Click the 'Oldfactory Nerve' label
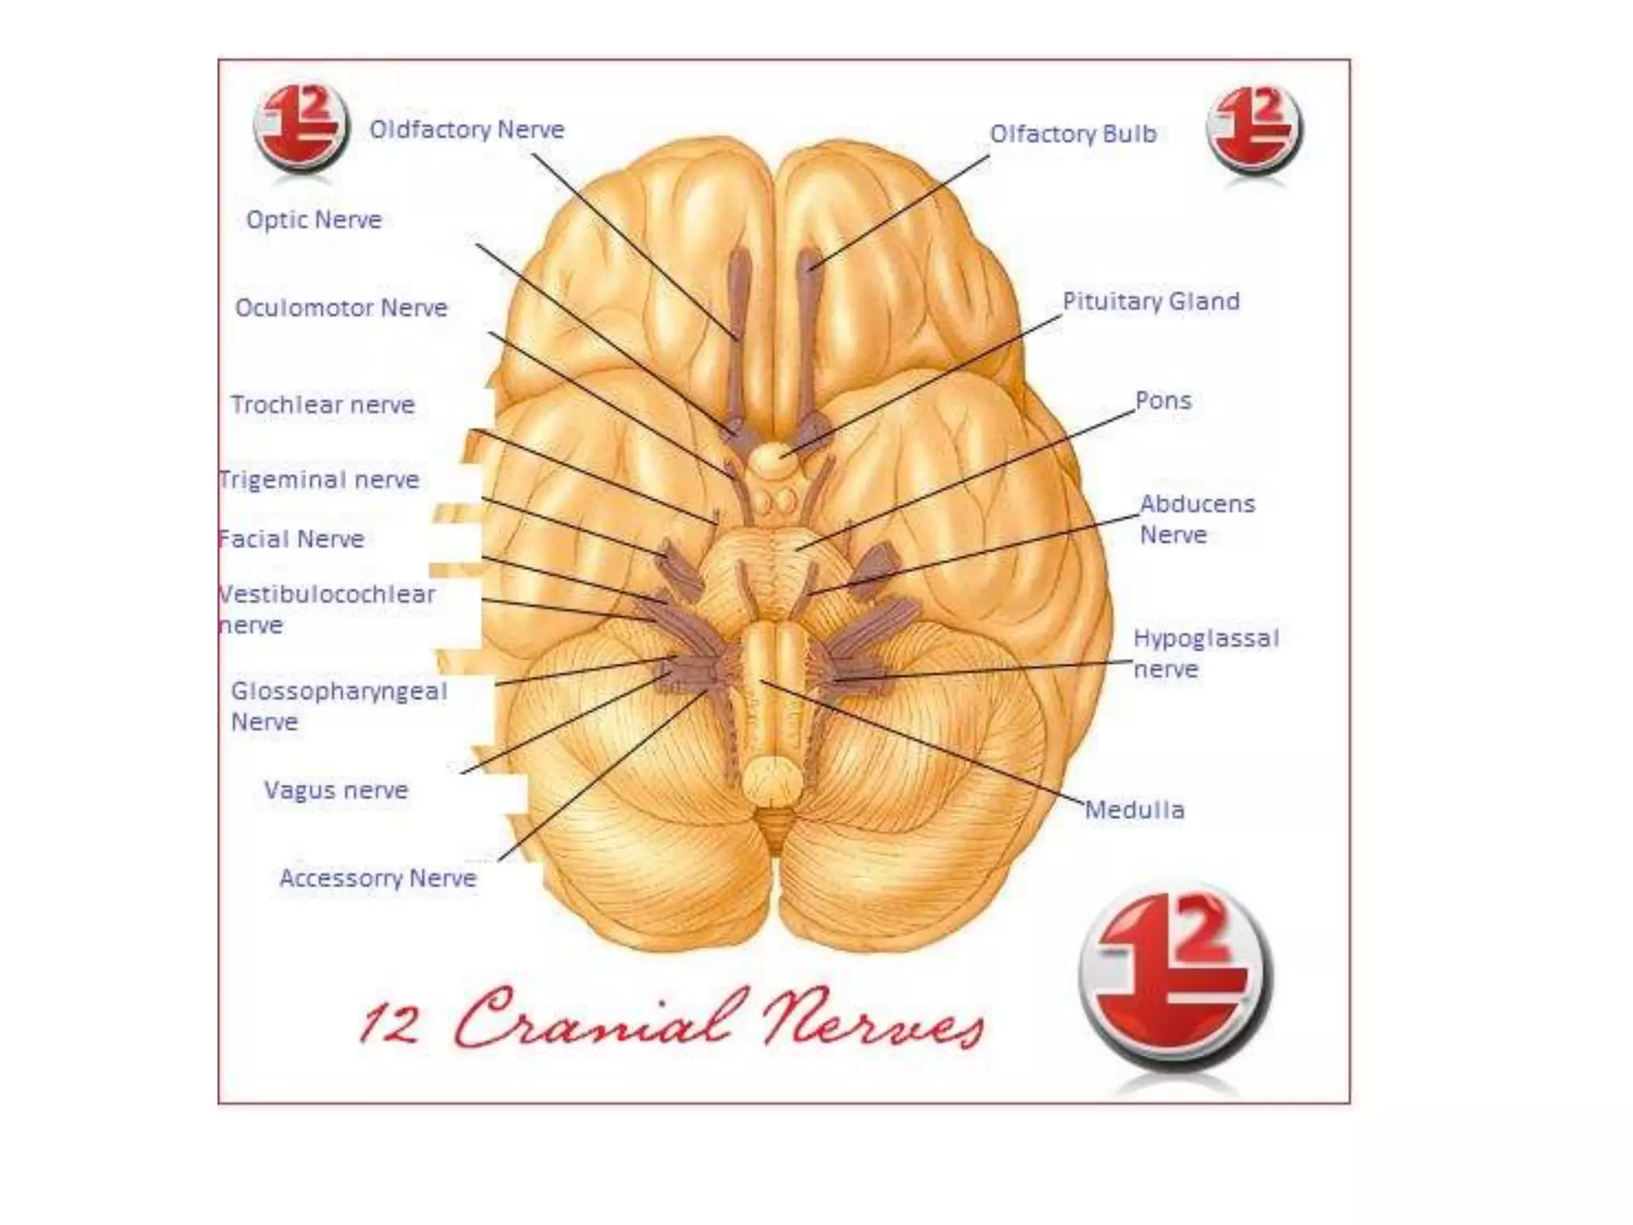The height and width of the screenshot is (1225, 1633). [x=466, y=129]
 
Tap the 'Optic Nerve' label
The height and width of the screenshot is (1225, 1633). [x=313, y=219]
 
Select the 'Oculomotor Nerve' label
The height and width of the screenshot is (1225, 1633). [x=341, y=308]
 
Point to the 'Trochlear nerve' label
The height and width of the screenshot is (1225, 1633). [x=323, y=404]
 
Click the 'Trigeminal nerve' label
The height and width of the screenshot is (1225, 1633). [x=319, y=479]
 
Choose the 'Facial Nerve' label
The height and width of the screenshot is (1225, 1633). [x=292, y=539]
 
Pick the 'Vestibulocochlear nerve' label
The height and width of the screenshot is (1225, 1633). [x=327, y=609]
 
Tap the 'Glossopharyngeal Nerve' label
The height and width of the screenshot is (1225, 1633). [x=339, y=706]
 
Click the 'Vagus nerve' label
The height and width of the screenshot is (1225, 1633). [x=336, y=790]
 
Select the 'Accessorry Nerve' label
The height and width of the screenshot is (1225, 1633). [x=378, y=878]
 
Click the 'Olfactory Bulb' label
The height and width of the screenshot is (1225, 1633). [x=1073, y=134]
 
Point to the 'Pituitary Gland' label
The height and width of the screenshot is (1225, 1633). [x=1151, y=301]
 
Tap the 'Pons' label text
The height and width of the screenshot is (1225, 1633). [x=1163, y=400]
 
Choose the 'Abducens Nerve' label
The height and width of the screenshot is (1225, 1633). [x=1197, y=519]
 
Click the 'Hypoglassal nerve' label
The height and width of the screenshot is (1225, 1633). [x=1206, y=653]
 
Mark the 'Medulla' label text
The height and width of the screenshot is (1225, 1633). [x=1135, y=810]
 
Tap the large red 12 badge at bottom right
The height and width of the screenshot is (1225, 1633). [x=1175, y=978]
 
